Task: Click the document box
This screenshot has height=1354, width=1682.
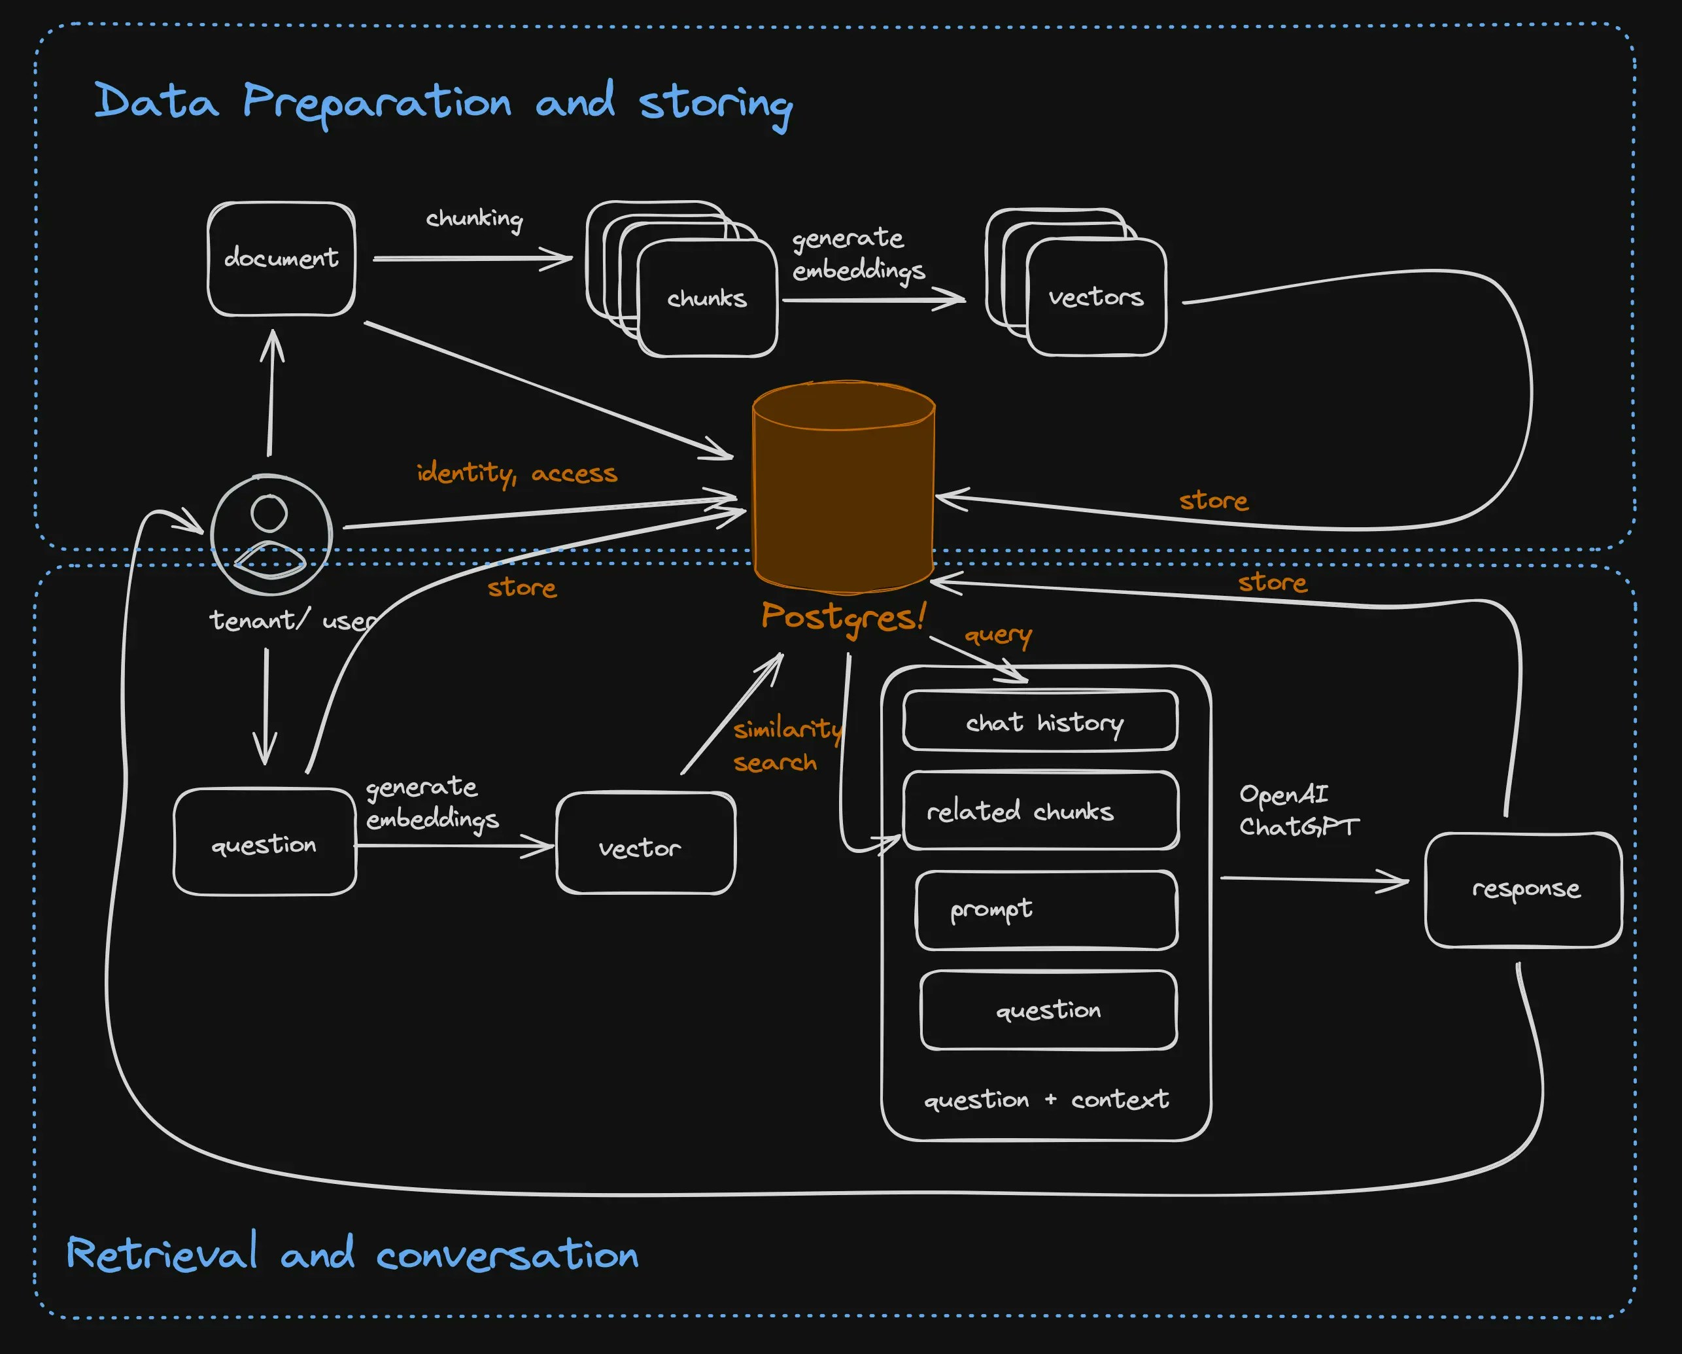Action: tap(281, 258)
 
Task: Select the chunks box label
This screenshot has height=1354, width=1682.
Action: tap(707, 298)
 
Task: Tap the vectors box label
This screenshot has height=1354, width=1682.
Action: tap(1095, 298)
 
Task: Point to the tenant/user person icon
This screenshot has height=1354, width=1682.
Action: tap(271, 534)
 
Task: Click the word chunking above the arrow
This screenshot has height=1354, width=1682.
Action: tap(473, 218)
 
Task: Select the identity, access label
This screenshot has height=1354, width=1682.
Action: tap(517, 473)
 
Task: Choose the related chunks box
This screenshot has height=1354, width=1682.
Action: tap(1040, 811)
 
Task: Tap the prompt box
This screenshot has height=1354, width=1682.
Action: tap(1046, 910)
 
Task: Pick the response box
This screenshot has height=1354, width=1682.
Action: tap(1524, 890)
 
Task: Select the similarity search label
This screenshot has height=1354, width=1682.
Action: tap(786, 745)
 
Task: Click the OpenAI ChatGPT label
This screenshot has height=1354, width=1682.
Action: tap(1298, 810)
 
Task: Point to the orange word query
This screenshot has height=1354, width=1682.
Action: tap(998, 635)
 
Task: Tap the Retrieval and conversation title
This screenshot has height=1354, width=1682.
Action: tap(352, 1254)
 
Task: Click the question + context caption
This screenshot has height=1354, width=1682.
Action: tap(1046, 1100)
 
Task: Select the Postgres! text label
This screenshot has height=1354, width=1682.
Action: tap(842, 617)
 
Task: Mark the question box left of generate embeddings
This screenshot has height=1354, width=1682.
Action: tap(264, 843)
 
